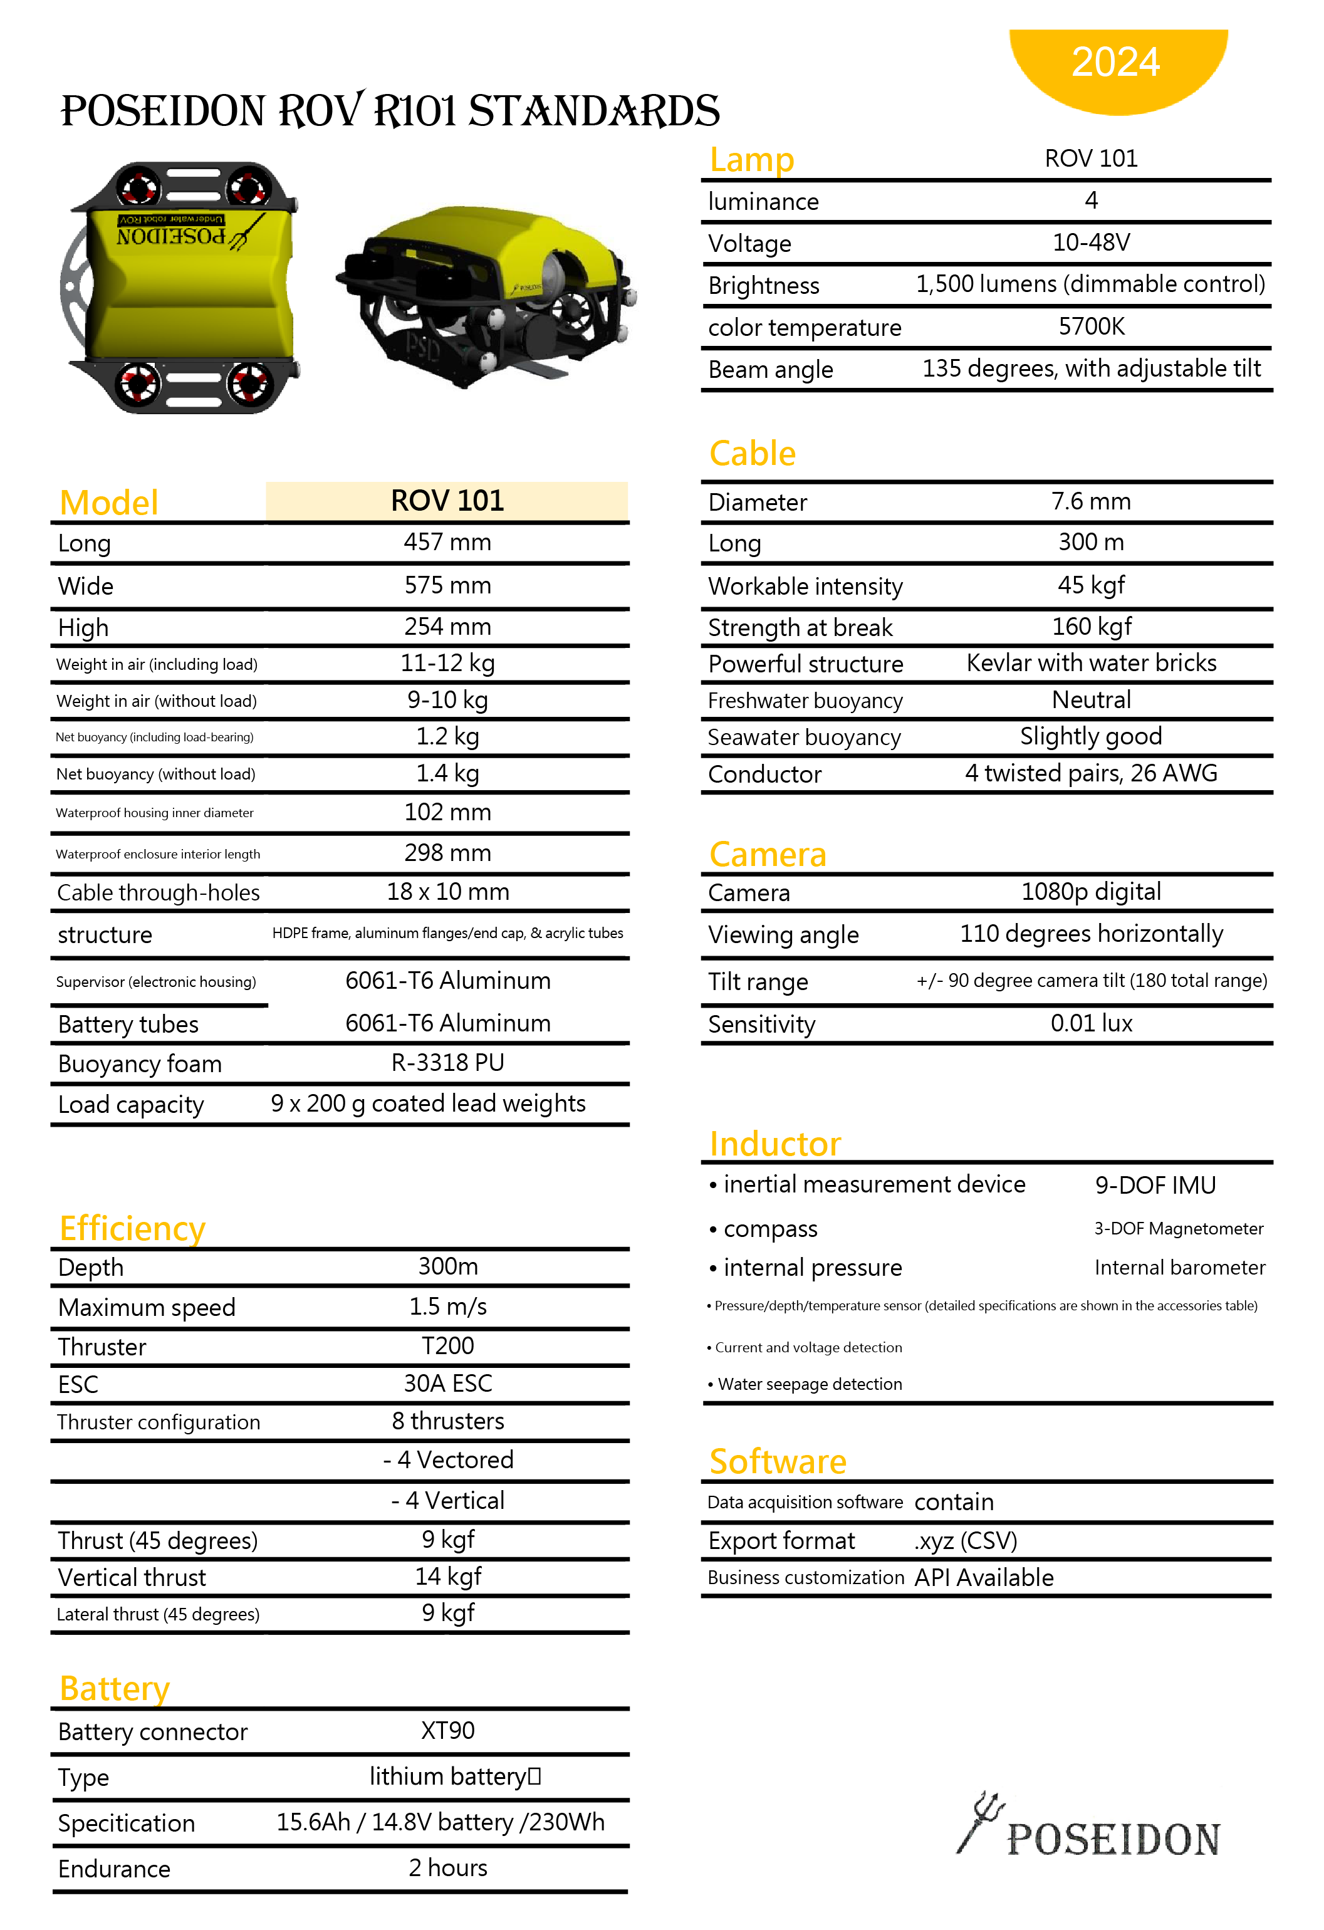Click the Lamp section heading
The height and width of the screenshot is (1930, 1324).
pyautogui.click(x=752, y=159)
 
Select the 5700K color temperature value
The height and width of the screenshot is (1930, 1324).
pyautogui.click(x=1091, y=326)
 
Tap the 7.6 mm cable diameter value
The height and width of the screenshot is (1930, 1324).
pyautogui.click(x=1091, y=501)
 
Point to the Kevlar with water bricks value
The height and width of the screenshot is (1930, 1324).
pyautogui.click(x=1091, y=663)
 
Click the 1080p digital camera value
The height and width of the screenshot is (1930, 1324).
pyautogui.click(x=1091, y=891)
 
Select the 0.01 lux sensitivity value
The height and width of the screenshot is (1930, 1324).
pyautogui.click(x=1091, y=1023)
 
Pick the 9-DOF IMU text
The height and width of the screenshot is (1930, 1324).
pyautogui.click(x=1155, y=1185)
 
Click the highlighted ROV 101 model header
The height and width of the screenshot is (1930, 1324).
pyautogui.click(x=447, y=501)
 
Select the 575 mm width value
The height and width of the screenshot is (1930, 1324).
pyautogui.click(x=447, y=585)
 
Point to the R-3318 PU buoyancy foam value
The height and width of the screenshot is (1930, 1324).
pyautogui.click(x=447, y=1063)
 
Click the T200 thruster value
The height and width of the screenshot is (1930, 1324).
pyautogui.click(x=447, y=1345)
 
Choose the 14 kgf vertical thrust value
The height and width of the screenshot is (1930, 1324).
pyautogui.click(x=447, y=1576)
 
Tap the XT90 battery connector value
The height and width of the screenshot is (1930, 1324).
pyautogui.click(x=447, y=1731)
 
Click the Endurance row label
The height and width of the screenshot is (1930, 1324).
pyautogui.click(x=115, y=1869)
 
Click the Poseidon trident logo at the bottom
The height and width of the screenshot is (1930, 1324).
pyautogui.click(x=1088, y=1827)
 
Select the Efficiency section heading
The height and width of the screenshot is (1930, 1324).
pyautogui.click(x=132, y=1228)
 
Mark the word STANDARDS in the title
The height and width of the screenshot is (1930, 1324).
pyautogui.click(x=594, y=112)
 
